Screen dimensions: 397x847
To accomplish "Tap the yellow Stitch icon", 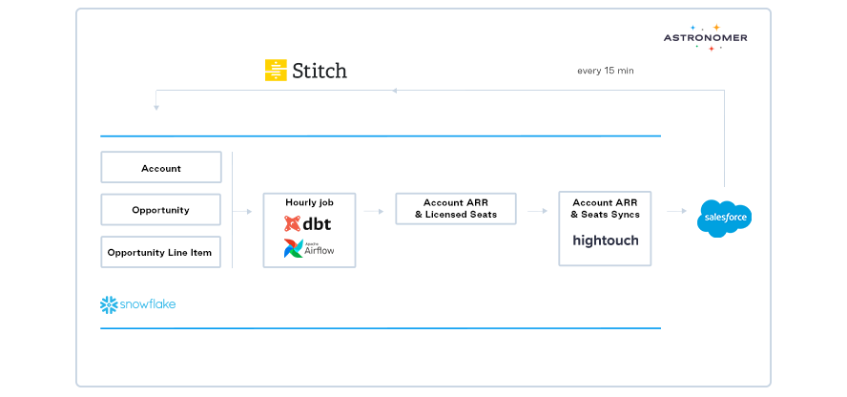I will (276, 70).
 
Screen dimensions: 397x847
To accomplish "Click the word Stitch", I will (320, 71).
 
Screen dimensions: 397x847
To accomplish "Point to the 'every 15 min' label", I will (606, 71).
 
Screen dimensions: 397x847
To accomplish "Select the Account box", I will (161, 168).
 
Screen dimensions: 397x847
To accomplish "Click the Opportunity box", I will (161, 210).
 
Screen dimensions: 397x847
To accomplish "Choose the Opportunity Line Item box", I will (161, 252).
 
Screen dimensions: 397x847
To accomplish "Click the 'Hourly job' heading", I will (308, 202).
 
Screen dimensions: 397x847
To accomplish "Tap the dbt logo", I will (307, 224).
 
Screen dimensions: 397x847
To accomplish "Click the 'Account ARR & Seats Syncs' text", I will (606, 208).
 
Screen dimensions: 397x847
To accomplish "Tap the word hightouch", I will (606, 240).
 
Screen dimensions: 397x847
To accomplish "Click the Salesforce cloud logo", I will (725, 219).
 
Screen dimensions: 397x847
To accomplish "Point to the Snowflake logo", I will (138, 304).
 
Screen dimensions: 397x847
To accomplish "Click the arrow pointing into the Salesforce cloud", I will (676, 211).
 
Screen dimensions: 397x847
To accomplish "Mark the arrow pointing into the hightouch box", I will (539, 211).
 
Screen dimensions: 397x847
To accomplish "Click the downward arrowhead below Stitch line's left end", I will (155, 107).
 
